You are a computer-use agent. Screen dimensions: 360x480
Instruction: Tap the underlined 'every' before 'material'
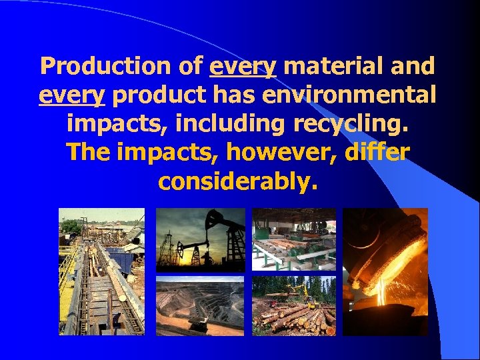click(x=242, y=67)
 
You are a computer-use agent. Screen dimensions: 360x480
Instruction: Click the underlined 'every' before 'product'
click(x=71, y=95)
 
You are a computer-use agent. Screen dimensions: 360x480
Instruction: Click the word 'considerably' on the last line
click(x=234, y=182)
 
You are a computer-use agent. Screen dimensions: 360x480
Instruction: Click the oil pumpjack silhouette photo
click(x=200, y=240)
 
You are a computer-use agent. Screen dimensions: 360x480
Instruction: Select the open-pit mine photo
click(x=200, y=306)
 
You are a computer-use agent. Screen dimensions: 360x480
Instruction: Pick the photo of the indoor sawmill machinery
click(x=294, y=240)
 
